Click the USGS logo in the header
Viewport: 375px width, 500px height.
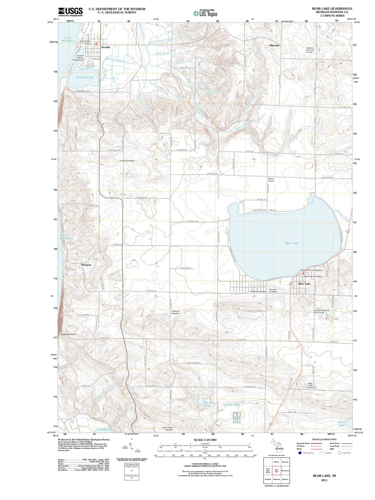[x=70, y=12]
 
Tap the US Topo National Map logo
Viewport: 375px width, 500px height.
[x=205, y=13]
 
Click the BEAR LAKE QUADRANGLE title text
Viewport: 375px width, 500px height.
[x=332, y=8]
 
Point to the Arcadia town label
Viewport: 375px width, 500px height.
[x=105, y=47]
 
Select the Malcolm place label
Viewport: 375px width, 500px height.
[x=274, y=45]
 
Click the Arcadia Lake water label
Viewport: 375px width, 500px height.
[x=84, y=77]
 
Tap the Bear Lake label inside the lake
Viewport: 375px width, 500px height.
[x=291, y=243]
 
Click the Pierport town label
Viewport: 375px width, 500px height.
[x=86, y=265]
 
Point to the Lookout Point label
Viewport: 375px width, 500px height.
[x=68, y=334]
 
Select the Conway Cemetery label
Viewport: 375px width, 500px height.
[x=127, y=160]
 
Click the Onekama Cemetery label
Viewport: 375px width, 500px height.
[x=175, y=312]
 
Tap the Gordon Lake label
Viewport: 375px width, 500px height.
[x=209, y=404]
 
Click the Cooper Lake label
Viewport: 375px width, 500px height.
[x=231, y=404]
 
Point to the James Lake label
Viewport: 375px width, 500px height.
[x=342, y=423]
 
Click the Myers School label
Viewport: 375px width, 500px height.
[x=271, y=180]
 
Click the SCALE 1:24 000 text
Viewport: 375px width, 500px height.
[x=205, y=440]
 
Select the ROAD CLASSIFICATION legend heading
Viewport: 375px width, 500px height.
[x=324, y=439]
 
